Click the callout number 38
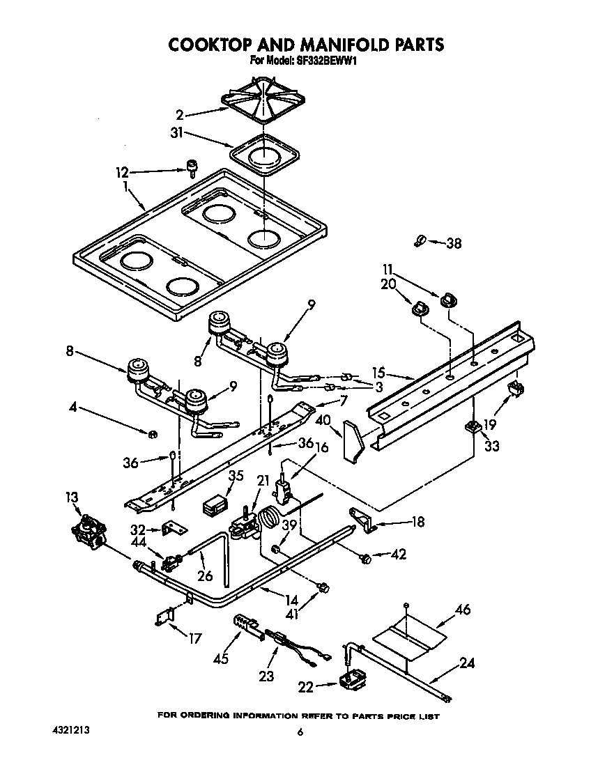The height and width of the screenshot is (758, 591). pos(454,244)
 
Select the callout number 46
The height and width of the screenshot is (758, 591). pos(462,610)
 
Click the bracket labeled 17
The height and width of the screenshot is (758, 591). pos(165,617)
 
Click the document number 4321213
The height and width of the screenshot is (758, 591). pos(70,731)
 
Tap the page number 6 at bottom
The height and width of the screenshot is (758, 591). pos(300,732)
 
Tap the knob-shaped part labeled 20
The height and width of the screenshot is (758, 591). pos(420,308)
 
